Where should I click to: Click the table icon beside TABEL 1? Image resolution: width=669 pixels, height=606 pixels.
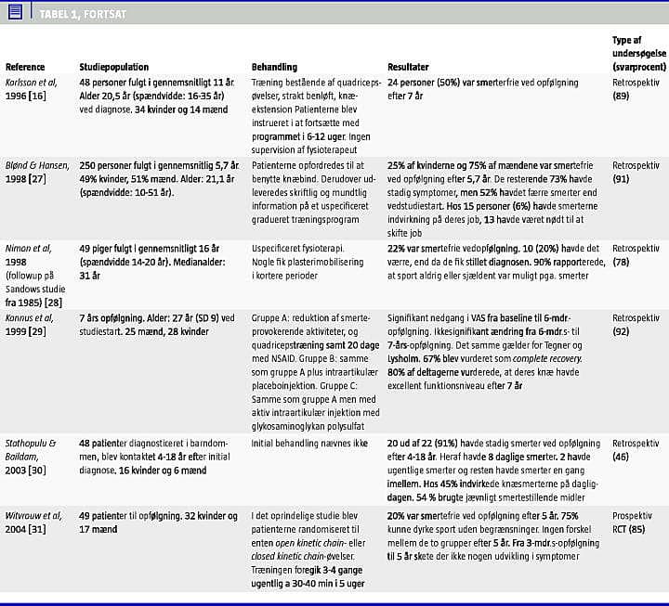coord(15,12)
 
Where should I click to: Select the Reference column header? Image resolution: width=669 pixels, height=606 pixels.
coord(25,67)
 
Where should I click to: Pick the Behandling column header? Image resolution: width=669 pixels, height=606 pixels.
coord(275,67)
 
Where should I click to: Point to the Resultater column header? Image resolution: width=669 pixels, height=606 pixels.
coord(409,67)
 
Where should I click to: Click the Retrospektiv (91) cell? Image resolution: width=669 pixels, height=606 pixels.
coord(636,172)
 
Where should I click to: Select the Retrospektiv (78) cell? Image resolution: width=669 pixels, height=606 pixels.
coord(636,255)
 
